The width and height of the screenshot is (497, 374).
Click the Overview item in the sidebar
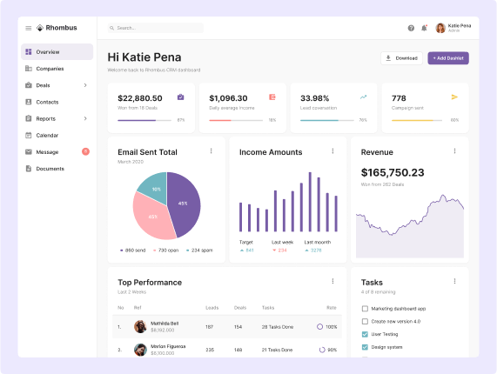[x=48, y=52]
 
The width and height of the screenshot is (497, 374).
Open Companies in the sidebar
[x=50, y=69]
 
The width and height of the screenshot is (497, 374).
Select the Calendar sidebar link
[x=47, y=136]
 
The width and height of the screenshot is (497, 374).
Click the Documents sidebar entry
[x=50, y=169]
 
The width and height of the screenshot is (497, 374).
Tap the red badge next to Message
[x=85, y=151]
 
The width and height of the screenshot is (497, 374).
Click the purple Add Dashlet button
[x=448, y=58]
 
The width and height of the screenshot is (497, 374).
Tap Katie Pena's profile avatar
[x=440, y=28]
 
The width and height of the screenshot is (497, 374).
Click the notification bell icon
[x=424, y=28]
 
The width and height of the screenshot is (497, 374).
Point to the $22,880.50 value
[x=139, y=98]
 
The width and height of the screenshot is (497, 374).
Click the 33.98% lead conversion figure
[x=315, y=98]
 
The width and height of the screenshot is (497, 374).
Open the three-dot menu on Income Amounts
[x=332, y=151]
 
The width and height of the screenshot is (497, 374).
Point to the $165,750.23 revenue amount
[x=393, y=172]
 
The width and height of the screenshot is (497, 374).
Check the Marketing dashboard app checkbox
[x=365, y=309]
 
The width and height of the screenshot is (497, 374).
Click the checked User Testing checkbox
[x=365, y=334]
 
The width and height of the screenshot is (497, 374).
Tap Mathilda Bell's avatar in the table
[x=139, y=327]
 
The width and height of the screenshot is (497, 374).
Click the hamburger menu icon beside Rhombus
[x=28, y=28]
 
